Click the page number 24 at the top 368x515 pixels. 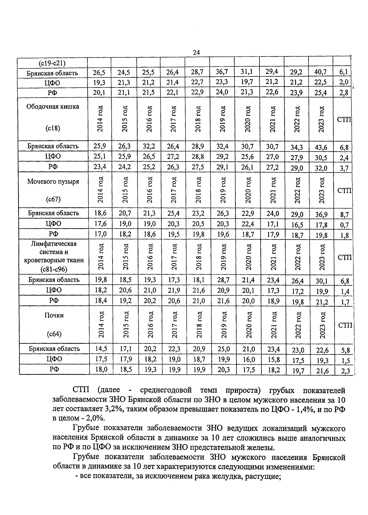[196, 52]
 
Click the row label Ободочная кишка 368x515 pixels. [53, 106]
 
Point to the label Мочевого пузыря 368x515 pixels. [53, 181]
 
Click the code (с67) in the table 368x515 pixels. [53, 199]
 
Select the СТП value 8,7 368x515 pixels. [344, 215]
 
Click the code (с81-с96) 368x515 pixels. [53, 269]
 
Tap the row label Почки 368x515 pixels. [53, 315]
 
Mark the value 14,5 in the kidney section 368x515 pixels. [101, 349]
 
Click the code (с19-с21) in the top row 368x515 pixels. [53, 64]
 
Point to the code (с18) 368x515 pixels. [53, 128]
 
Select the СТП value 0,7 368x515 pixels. [344, 225]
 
